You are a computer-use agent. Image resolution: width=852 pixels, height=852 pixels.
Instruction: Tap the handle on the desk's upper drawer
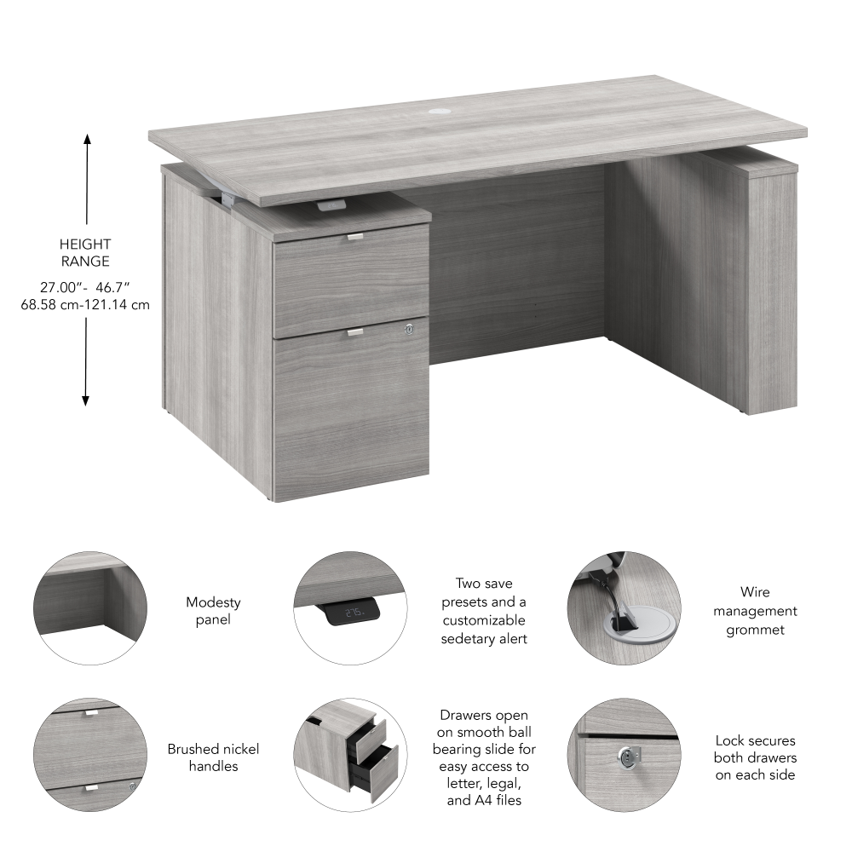(x=354, y=237)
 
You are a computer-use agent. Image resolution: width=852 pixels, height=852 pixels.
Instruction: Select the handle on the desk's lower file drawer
(x=354, y=331)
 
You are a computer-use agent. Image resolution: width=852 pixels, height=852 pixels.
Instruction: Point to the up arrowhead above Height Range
(x=86, y=139)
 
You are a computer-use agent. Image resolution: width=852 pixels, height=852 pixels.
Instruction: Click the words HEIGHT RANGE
(x=85, y=252)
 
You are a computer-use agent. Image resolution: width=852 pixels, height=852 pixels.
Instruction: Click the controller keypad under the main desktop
(x=332, y=205)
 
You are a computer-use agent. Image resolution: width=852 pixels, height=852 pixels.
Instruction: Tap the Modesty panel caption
(x=213, y=611)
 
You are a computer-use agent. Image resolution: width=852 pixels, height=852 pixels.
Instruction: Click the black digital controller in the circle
(x=353, y=610)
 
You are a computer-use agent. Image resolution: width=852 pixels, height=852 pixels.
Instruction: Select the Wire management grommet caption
(x=755, y=611)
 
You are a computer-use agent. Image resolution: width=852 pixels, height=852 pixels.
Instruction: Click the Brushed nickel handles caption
(x=213, y=757)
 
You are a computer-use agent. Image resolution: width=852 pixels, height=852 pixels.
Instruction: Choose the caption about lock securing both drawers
(x=755, y=757)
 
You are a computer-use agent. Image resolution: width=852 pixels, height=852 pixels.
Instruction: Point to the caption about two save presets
(x=484, y=611)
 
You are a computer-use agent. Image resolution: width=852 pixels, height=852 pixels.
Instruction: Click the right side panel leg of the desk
(x=771, y=290)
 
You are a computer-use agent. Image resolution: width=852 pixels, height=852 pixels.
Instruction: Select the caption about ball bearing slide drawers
(x=484, y=757)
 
